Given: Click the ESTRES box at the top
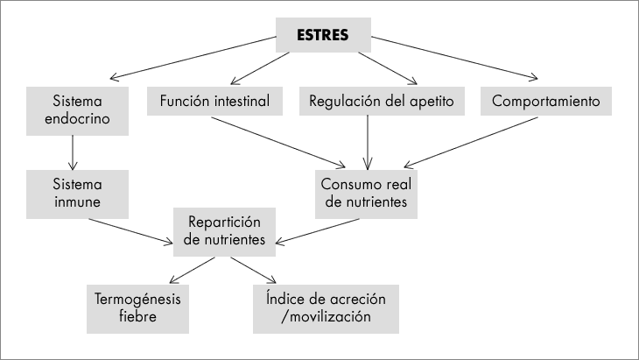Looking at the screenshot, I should pyautogui.click(x=323, y=36).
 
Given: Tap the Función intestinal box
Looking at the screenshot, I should pyautogui.click(x=214, y=101).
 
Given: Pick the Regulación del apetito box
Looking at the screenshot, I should pyautogui.click(x=382, y=101).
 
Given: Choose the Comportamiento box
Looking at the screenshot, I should pyautogui.click(x=545, y=101).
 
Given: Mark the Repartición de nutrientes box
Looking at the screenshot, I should pyautogui.click(x=226, y=231).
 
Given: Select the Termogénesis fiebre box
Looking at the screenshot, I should pyautogui.click(x=138, y=307).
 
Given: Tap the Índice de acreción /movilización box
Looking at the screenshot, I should pyautogui.click(x=325, y=307).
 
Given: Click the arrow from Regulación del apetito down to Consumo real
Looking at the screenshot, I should pyautogui.click(x=367, y=141).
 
